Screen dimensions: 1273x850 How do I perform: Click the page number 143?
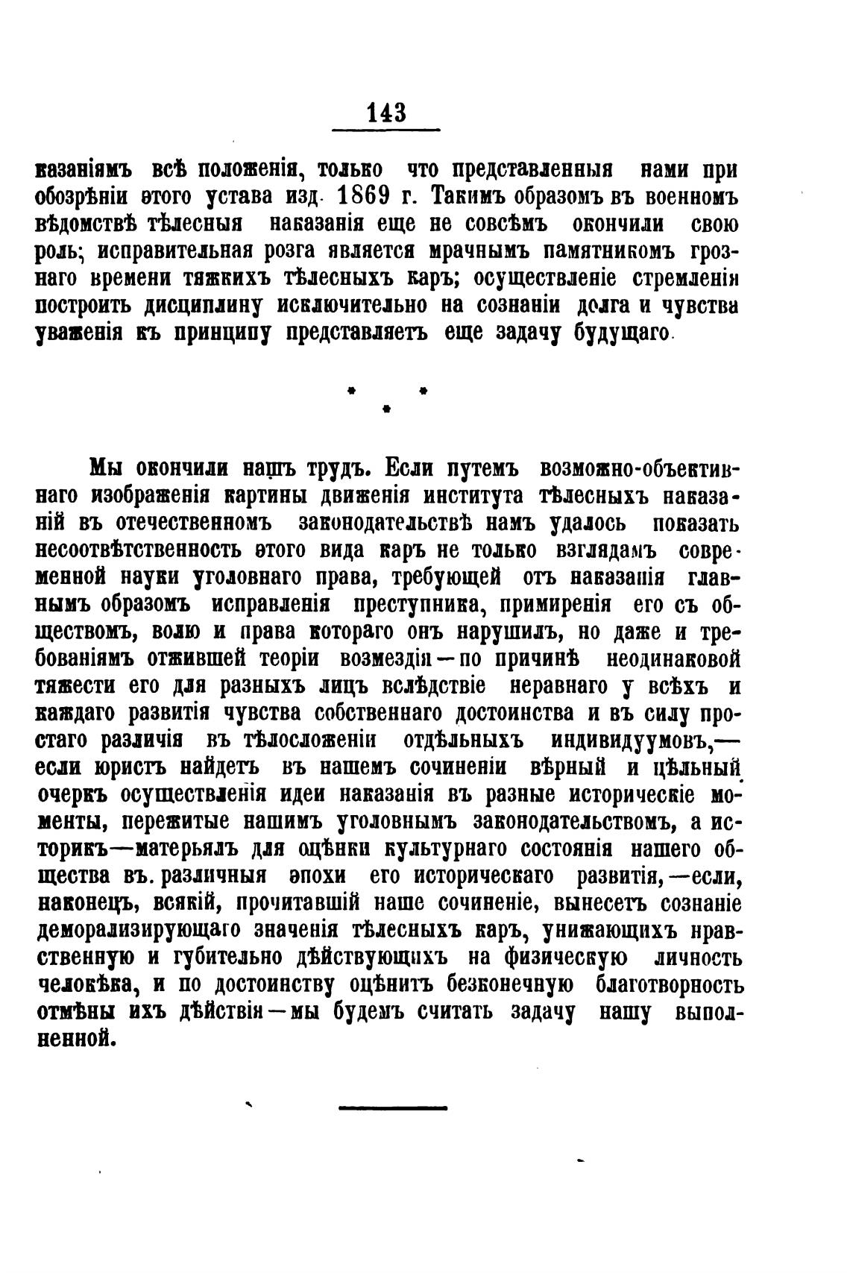pos(385,113)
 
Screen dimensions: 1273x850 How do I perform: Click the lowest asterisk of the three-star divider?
pos(386,409)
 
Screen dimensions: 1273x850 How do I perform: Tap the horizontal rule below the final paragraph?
pos(393,1108)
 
